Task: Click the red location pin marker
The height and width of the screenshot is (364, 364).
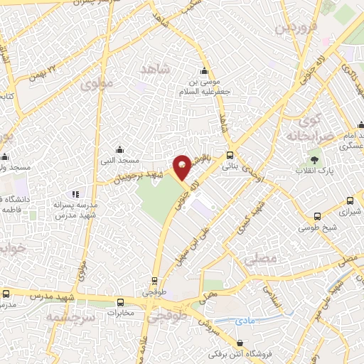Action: [x=183, y=166]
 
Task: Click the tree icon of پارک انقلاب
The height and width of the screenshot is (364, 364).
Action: [x=314, y=160]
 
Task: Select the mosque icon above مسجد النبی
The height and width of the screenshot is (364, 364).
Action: [x=119, y=149]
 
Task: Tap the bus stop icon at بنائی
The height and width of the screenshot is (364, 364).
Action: [x=229, y=156]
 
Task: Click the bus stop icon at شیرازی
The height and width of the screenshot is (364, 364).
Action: [x=350, y=201]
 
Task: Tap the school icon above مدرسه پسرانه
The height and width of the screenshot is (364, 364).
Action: [x=76, y=193]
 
